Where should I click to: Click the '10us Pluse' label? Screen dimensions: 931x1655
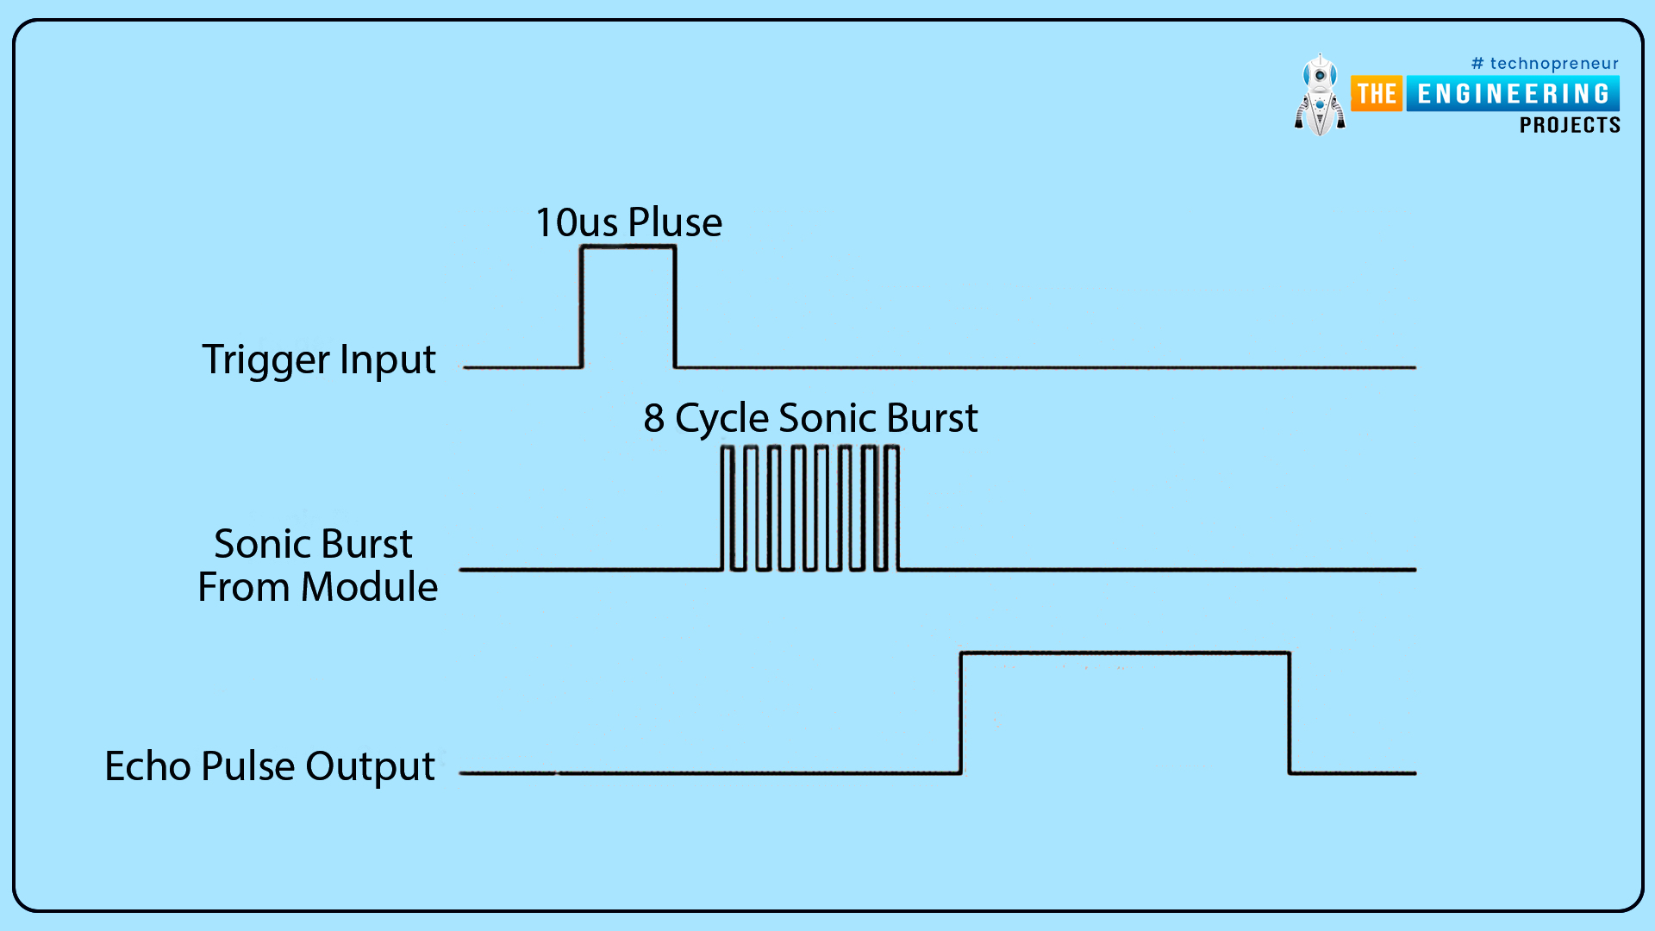(628, 222)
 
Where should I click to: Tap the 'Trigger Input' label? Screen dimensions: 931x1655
(318, 359)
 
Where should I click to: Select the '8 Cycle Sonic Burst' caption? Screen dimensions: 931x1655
(810, 418)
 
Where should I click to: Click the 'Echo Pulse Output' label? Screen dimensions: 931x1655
(269, 766)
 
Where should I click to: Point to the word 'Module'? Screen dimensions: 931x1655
(369, 587)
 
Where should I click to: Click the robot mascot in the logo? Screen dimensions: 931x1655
(1319, 96)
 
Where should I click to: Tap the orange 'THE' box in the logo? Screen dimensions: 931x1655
(1377, 94)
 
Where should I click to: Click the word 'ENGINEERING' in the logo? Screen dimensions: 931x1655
(1513, 94)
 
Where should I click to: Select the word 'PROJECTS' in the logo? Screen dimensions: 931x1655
(1570, 126)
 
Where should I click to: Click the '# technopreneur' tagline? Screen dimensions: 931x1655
(1545, 64)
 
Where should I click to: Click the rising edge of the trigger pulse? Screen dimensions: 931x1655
(582, 307)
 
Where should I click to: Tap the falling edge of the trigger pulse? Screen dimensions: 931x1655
(675, 307)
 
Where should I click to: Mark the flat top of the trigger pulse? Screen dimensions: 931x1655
(628, 247)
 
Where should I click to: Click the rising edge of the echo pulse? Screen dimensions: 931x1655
(961, 713)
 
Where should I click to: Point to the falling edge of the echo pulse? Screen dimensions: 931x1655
(1290, 713)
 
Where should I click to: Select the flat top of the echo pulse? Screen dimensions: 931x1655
(1125, 653)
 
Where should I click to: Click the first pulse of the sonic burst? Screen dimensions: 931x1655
(728, 509)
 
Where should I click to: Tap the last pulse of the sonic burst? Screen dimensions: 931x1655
(891, 509)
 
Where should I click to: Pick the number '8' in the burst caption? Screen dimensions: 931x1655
(654, 419)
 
